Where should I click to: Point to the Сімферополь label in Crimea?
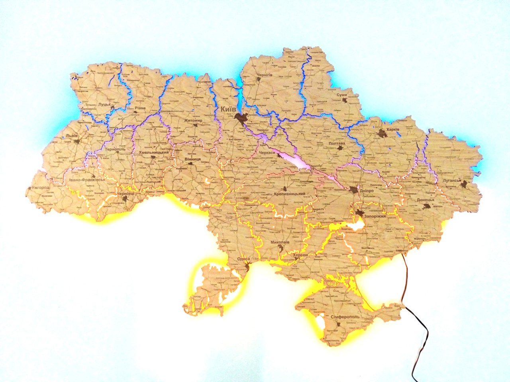[x=345, y=317]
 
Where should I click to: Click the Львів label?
[x=72, y=135]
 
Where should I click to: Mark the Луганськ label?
[x=451, y=181]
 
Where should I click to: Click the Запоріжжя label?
[x=375, y=216]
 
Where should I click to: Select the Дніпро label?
[x=365, y=191]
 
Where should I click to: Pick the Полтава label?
[x=337, y=142]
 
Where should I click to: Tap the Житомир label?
[x=194, y=120]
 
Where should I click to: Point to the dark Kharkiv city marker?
[x=382, y=133]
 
